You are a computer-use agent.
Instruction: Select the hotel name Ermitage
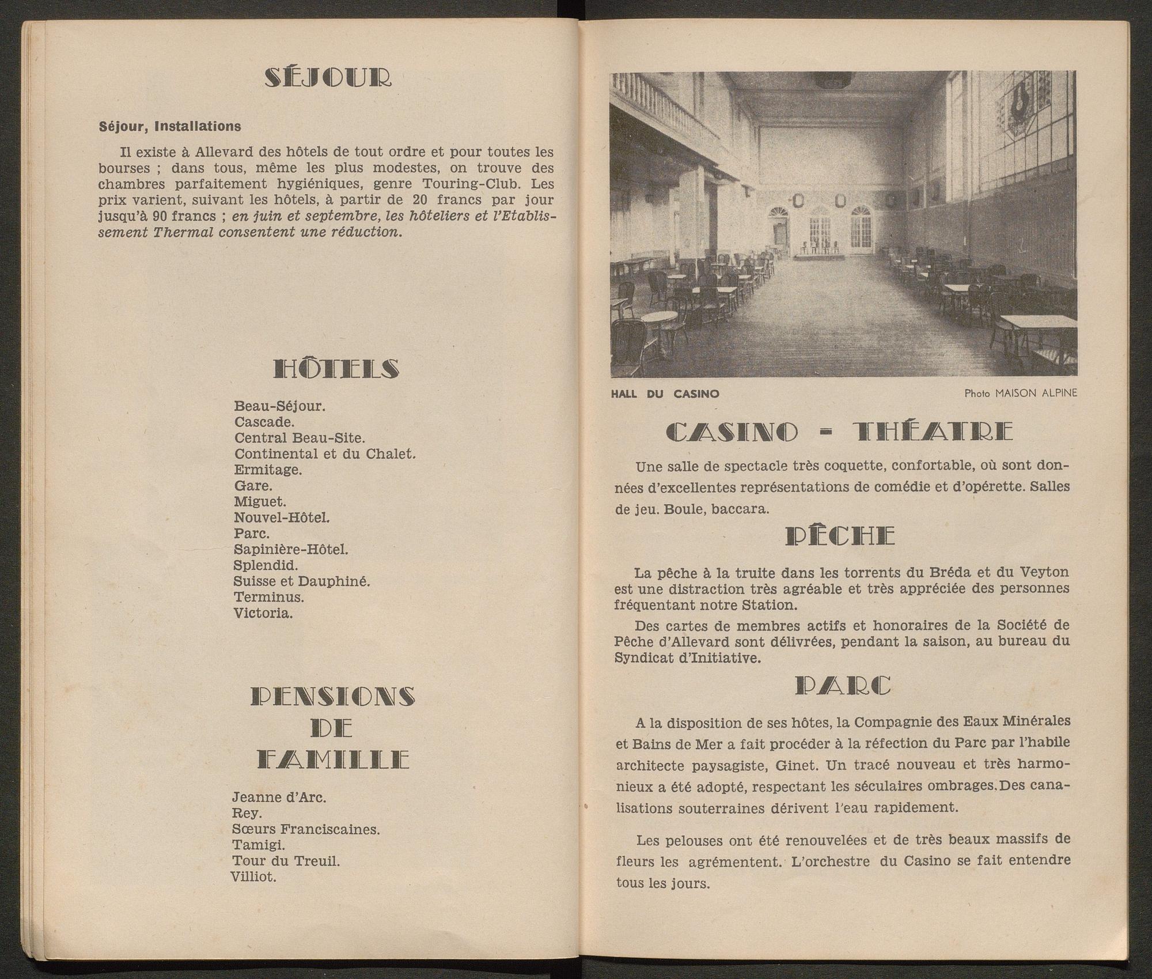click(268, 470)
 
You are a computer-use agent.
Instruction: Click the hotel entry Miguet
click(260, 501)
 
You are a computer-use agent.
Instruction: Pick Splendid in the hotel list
click(266, 565)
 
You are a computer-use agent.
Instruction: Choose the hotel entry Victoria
click(263, 613)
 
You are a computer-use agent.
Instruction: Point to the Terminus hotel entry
click(269, 597)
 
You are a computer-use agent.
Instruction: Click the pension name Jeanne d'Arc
click(279, 797)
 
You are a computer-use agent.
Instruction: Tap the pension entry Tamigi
click(258, 845)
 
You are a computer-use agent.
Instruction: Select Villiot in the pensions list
click(253, 878)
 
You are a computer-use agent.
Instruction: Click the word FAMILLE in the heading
click(333, 760)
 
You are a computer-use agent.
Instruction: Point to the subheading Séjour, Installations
click(170, 126)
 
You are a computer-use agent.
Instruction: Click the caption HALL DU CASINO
click(665, 394)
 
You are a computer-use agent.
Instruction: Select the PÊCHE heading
click(840, 536)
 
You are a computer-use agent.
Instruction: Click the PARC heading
click(843, 686)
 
